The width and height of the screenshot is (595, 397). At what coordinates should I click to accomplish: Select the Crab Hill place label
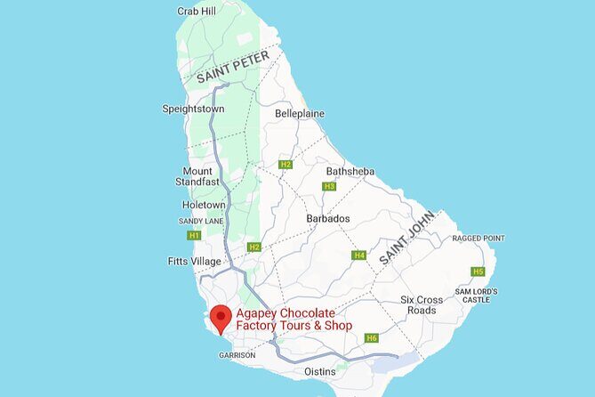coord(197,12)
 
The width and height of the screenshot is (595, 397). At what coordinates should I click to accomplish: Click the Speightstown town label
coord(193,109)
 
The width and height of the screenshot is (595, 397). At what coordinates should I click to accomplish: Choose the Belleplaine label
coord(300,114)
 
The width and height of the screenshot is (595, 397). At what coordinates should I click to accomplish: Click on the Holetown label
coord(204,205)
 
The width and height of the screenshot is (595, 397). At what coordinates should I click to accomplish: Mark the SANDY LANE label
coord(201,221)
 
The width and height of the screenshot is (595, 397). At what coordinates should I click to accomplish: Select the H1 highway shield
coord(194,236)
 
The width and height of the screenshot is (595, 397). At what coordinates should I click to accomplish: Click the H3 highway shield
coord(329,186)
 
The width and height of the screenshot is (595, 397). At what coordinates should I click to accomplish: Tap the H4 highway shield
coord(359,255)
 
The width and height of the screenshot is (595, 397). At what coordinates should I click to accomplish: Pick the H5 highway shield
coord(478,271)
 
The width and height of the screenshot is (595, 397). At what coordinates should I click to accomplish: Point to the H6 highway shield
coord(372,337)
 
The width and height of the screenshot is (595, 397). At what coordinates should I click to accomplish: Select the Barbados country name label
coord(328,219)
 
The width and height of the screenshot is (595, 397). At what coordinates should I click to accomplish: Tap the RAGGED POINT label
coord(478,239)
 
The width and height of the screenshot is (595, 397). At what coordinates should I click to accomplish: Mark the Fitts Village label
coord(194,261)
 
